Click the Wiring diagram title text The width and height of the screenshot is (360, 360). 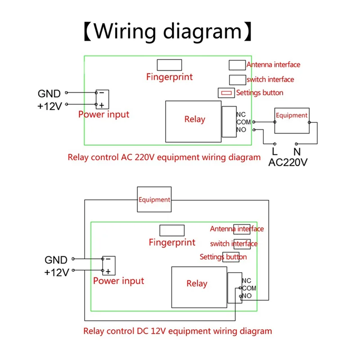[167, 32]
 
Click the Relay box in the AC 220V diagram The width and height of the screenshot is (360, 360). [194, 119]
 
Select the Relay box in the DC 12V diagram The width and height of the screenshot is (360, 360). [197, 283]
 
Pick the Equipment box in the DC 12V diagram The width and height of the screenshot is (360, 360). [154, 199]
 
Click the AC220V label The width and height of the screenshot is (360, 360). [288, 162]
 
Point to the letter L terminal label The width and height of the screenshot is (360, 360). [274, 152]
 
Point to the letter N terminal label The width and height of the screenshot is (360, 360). [297, 152]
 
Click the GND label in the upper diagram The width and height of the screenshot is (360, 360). [49, 94]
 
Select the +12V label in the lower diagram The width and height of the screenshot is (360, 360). [56, 272]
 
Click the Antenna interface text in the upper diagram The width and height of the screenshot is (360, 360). [273, 65]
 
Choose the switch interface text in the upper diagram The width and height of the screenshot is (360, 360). [270, 80]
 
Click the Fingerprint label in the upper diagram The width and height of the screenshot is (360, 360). [169, 77]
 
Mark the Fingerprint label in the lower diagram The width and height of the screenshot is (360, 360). [172, 243]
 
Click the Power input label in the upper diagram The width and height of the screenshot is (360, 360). [103, 114]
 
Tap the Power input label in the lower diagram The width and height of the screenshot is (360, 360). [118, 281]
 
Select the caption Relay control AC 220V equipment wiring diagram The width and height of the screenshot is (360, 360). [164, 157]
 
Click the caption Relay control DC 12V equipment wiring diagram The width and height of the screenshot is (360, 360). [177, 331]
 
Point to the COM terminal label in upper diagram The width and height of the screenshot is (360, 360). [243, 122]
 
